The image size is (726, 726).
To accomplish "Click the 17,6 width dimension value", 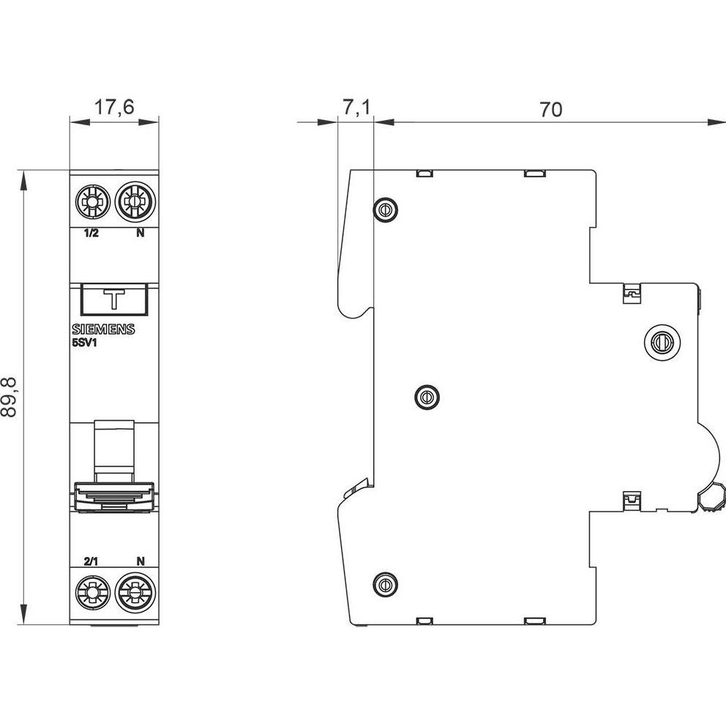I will coord(114,107).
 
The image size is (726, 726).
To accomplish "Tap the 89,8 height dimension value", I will coord(10,397).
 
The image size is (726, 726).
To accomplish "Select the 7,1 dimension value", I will coord(356,108).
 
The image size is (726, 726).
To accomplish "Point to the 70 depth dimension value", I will coord(550,110).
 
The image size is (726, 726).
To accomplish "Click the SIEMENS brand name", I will coord(103,330).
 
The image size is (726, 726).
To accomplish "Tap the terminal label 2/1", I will coord(91,561).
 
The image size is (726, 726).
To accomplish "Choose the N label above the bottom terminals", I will coord(140,561).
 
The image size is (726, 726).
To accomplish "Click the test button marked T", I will coord(114,299).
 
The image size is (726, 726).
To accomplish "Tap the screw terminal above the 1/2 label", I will coord(93,200).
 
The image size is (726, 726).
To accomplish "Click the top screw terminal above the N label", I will coord(135,200).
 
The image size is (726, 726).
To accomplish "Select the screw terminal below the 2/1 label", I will coord(93,592).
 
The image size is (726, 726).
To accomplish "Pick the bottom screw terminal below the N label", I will coord(135,592).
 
